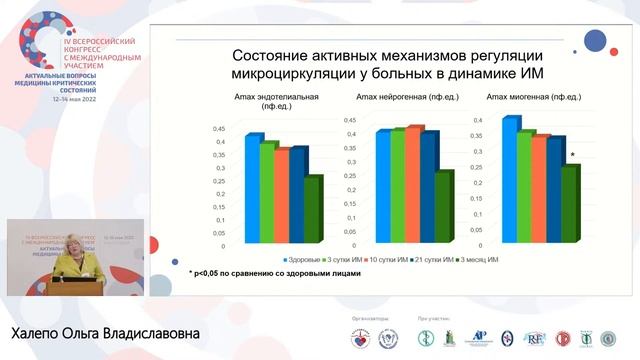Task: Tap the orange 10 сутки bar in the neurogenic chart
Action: [x=414, y=185]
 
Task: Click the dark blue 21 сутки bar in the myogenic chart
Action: [x=555, y=190]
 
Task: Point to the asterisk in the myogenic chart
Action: [x=572, y=155]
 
